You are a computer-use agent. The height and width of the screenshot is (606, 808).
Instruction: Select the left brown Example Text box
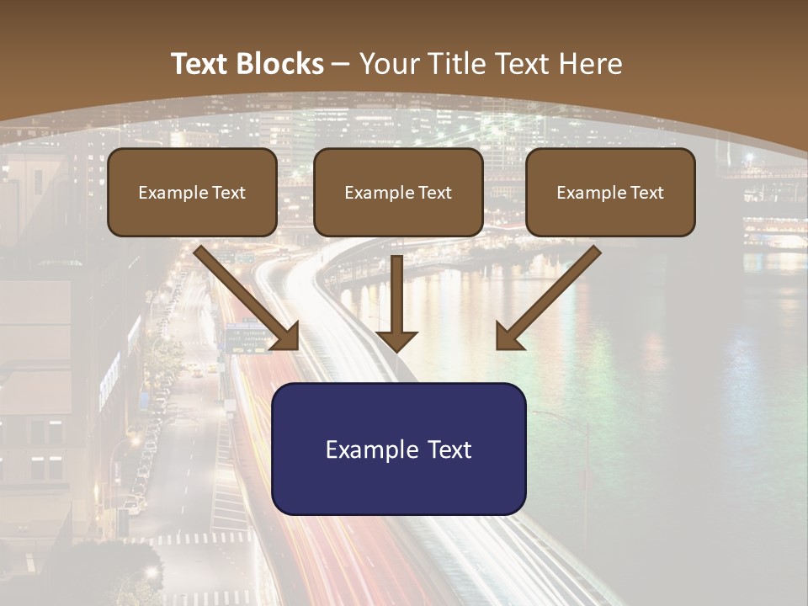(192, 193)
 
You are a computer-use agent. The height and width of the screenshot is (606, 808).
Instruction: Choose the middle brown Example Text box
(398, 193)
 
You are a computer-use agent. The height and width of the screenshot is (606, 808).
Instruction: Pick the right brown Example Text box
(610, 193)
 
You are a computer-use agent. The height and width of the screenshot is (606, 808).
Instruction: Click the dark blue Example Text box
(398, 449)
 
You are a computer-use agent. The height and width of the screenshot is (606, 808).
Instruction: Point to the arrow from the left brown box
(244, 295)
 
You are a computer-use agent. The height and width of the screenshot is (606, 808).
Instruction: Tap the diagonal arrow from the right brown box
(551, 295)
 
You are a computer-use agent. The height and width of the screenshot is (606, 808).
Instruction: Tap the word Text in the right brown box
(647, 193)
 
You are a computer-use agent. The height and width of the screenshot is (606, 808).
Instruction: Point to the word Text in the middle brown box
(435, 193)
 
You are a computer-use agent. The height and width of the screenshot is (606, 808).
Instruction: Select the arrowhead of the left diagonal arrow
(286, 337)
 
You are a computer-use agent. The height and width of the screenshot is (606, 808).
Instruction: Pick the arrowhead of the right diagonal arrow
(508, 337)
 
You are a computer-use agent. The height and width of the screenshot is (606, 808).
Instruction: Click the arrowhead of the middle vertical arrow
(396, 340)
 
